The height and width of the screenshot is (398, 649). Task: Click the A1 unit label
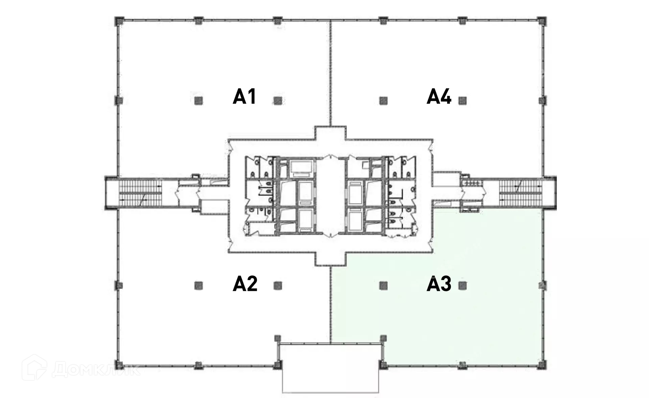244,97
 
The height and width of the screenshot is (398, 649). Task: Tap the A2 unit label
245,284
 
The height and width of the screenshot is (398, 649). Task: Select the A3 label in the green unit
439,284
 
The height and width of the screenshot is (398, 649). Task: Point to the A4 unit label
439,97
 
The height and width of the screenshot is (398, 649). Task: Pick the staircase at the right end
521,193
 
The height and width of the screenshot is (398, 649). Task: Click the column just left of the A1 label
198,100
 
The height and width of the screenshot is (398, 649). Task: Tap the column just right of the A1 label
278,100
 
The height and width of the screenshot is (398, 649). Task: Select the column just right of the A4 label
462,100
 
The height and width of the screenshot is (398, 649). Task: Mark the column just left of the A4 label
383,100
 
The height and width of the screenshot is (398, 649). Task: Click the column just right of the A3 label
462,286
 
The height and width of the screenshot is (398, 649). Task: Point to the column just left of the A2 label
198,286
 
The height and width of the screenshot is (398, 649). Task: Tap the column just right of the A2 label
278,286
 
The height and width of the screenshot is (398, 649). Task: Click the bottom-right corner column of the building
542,365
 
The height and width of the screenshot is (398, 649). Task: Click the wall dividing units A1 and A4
330,73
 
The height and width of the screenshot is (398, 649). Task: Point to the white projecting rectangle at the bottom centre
331,368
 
